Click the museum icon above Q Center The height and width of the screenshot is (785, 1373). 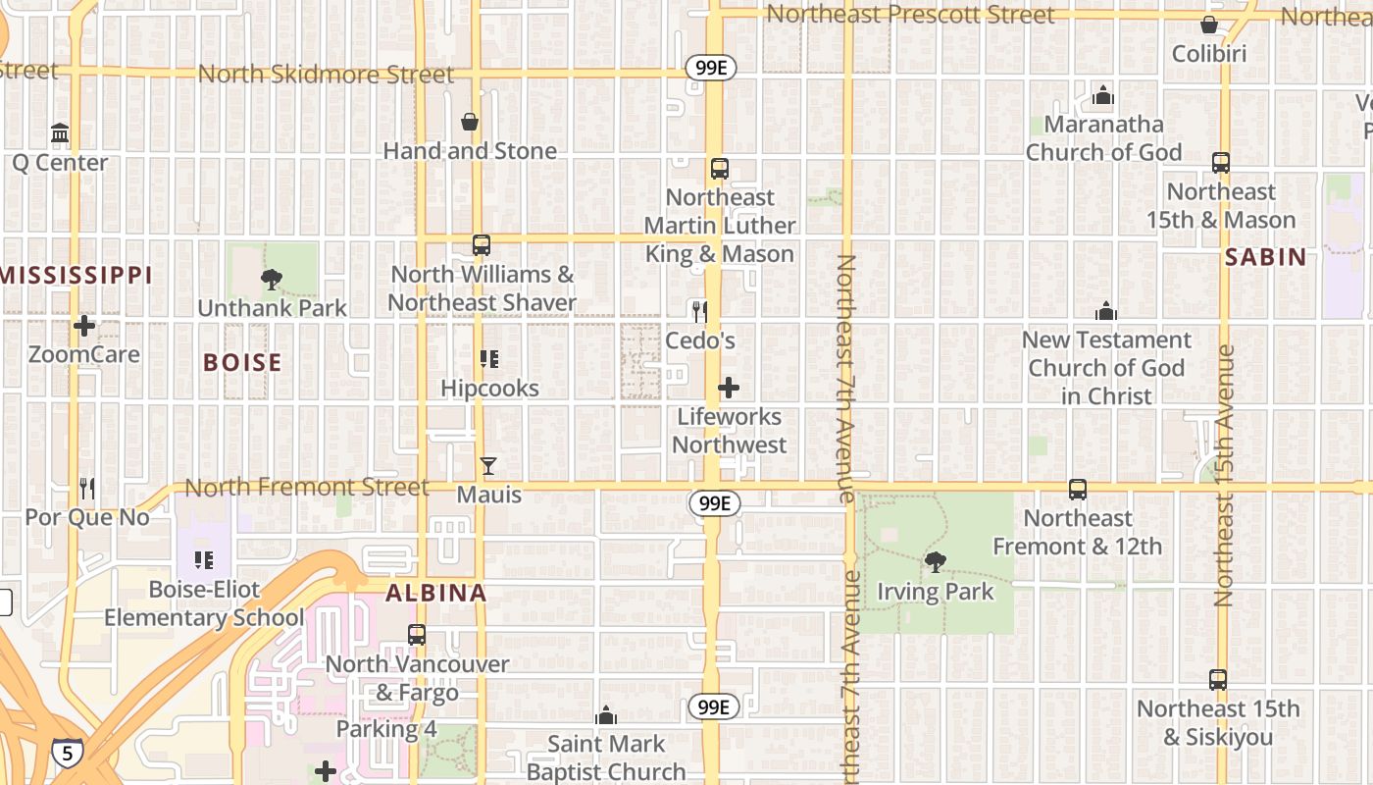(x=60, y=132)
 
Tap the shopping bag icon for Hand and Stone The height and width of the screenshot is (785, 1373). (x=470, y=122)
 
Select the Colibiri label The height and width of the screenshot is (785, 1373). (x=1209, y=53)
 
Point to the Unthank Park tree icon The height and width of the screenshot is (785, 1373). (x=272, y=280)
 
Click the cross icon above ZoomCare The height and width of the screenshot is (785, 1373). (x=84, y=325)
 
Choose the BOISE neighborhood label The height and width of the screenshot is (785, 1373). (x=242, y=362)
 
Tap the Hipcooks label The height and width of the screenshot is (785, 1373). (x=489, y=388)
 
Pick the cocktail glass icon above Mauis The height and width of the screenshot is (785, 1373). (x=488, y=466)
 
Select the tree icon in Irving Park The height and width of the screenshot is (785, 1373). (x=936, y=562)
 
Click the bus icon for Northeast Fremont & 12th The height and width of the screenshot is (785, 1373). (x=1077, y=489)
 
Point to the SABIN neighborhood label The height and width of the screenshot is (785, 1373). (x=1265, y=257)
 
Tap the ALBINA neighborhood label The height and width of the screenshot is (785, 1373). (x=435, y=593)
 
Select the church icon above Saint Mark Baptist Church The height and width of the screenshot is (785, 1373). (x=606, y=715)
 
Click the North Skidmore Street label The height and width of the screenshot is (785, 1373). (x=326, y=75)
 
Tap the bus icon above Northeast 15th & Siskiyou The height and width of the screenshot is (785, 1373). (x=1217, y=679)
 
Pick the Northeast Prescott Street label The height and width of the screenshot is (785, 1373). (x=909, y=15)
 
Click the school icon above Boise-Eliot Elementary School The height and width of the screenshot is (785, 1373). (x=204, y=560)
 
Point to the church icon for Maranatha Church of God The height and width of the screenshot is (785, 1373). (x=1103, y=95)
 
